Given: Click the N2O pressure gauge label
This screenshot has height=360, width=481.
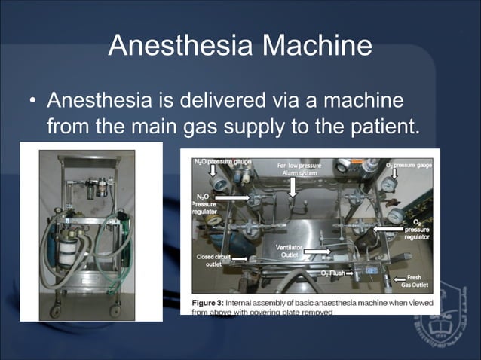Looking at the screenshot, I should point(222,161).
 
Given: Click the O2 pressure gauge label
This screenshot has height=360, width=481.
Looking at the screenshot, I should point(408,164).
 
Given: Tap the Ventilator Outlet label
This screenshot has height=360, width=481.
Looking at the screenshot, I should point(290,251).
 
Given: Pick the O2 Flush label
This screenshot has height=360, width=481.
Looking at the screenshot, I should point(332,272).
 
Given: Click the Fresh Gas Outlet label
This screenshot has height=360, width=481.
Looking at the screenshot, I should point(420,281).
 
